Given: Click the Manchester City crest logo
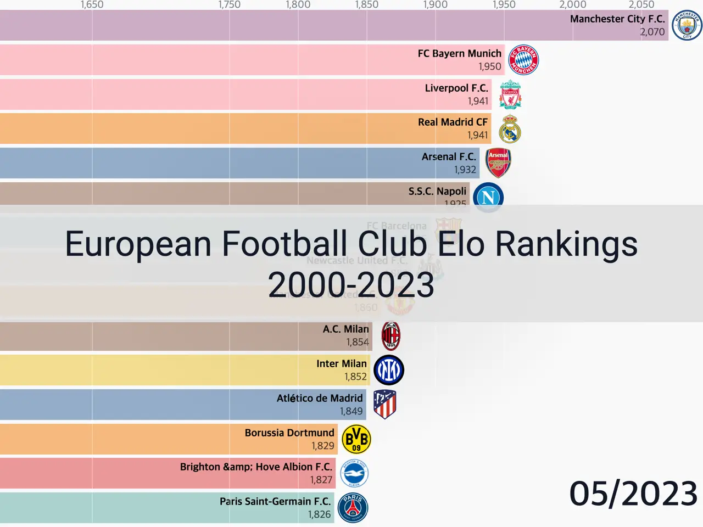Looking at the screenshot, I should [687, 25].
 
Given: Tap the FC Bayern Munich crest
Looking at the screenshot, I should [523, 60].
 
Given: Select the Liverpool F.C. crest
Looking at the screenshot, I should [510, 94].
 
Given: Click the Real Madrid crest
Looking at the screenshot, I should [510, 129].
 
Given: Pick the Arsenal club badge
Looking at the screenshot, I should [498, 163].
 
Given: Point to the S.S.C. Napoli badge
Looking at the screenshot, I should [488, 197].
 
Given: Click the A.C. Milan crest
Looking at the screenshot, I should [390, 336].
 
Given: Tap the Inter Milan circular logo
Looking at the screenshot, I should [389, 370].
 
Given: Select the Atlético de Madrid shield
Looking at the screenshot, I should [384, 405].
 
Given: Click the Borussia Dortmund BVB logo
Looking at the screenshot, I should [356, 439].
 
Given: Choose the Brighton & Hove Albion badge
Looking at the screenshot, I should [354, 473].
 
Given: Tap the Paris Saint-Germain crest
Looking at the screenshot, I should [353, 508].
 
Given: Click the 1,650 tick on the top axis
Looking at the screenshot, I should [92, 5].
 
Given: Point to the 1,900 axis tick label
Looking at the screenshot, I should [435, 5].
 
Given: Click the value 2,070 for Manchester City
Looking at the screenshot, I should [652, 32].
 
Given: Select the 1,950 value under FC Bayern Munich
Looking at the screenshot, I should [489, 66].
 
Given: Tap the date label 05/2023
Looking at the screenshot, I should [633, 494].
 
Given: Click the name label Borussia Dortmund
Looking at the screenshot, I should [289, 433].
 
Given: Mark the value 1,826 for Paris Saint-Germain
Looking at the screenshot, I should [319, 514].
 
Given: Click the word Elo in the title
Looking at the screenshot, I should [461, 244].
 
